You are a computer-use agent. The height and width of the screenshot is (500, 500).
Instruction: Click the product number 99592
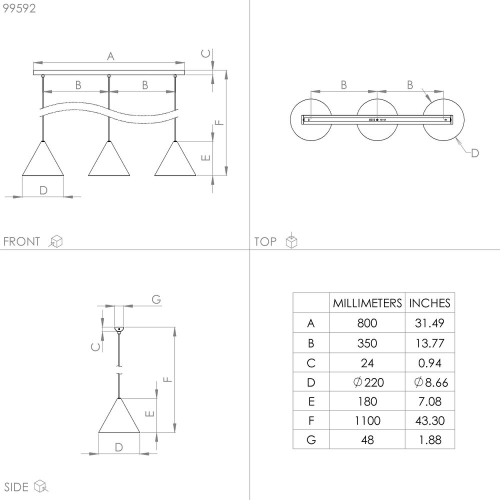click(19, 8)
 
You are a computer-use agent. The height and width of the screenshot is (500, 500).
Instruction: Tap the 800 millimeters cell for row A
click(367, 323)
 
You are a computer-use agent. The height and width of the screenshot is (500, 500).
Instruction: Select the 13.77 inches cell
click(429, 343)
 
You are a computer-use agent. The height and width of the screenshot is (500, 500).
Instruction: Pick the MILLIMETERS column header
click(367, 303)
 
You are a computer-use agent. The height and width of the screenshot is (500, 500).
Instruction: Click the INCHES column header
click(429, 303)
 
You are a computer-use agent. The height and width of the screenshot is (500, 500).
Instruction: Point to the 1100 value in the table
click(367, 420)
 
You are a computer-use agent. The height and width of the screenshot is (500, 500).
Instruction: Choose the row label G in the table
click(311, 440)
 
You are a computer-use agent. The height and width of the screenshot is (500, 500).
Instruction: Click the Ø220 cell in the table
click(368, 382)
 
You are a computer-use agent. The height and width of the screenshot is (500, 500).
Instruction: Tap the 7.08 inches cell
click(430, 401)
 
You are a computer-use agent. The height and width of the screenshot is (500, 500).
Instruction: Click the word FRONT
click(21, 241)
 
